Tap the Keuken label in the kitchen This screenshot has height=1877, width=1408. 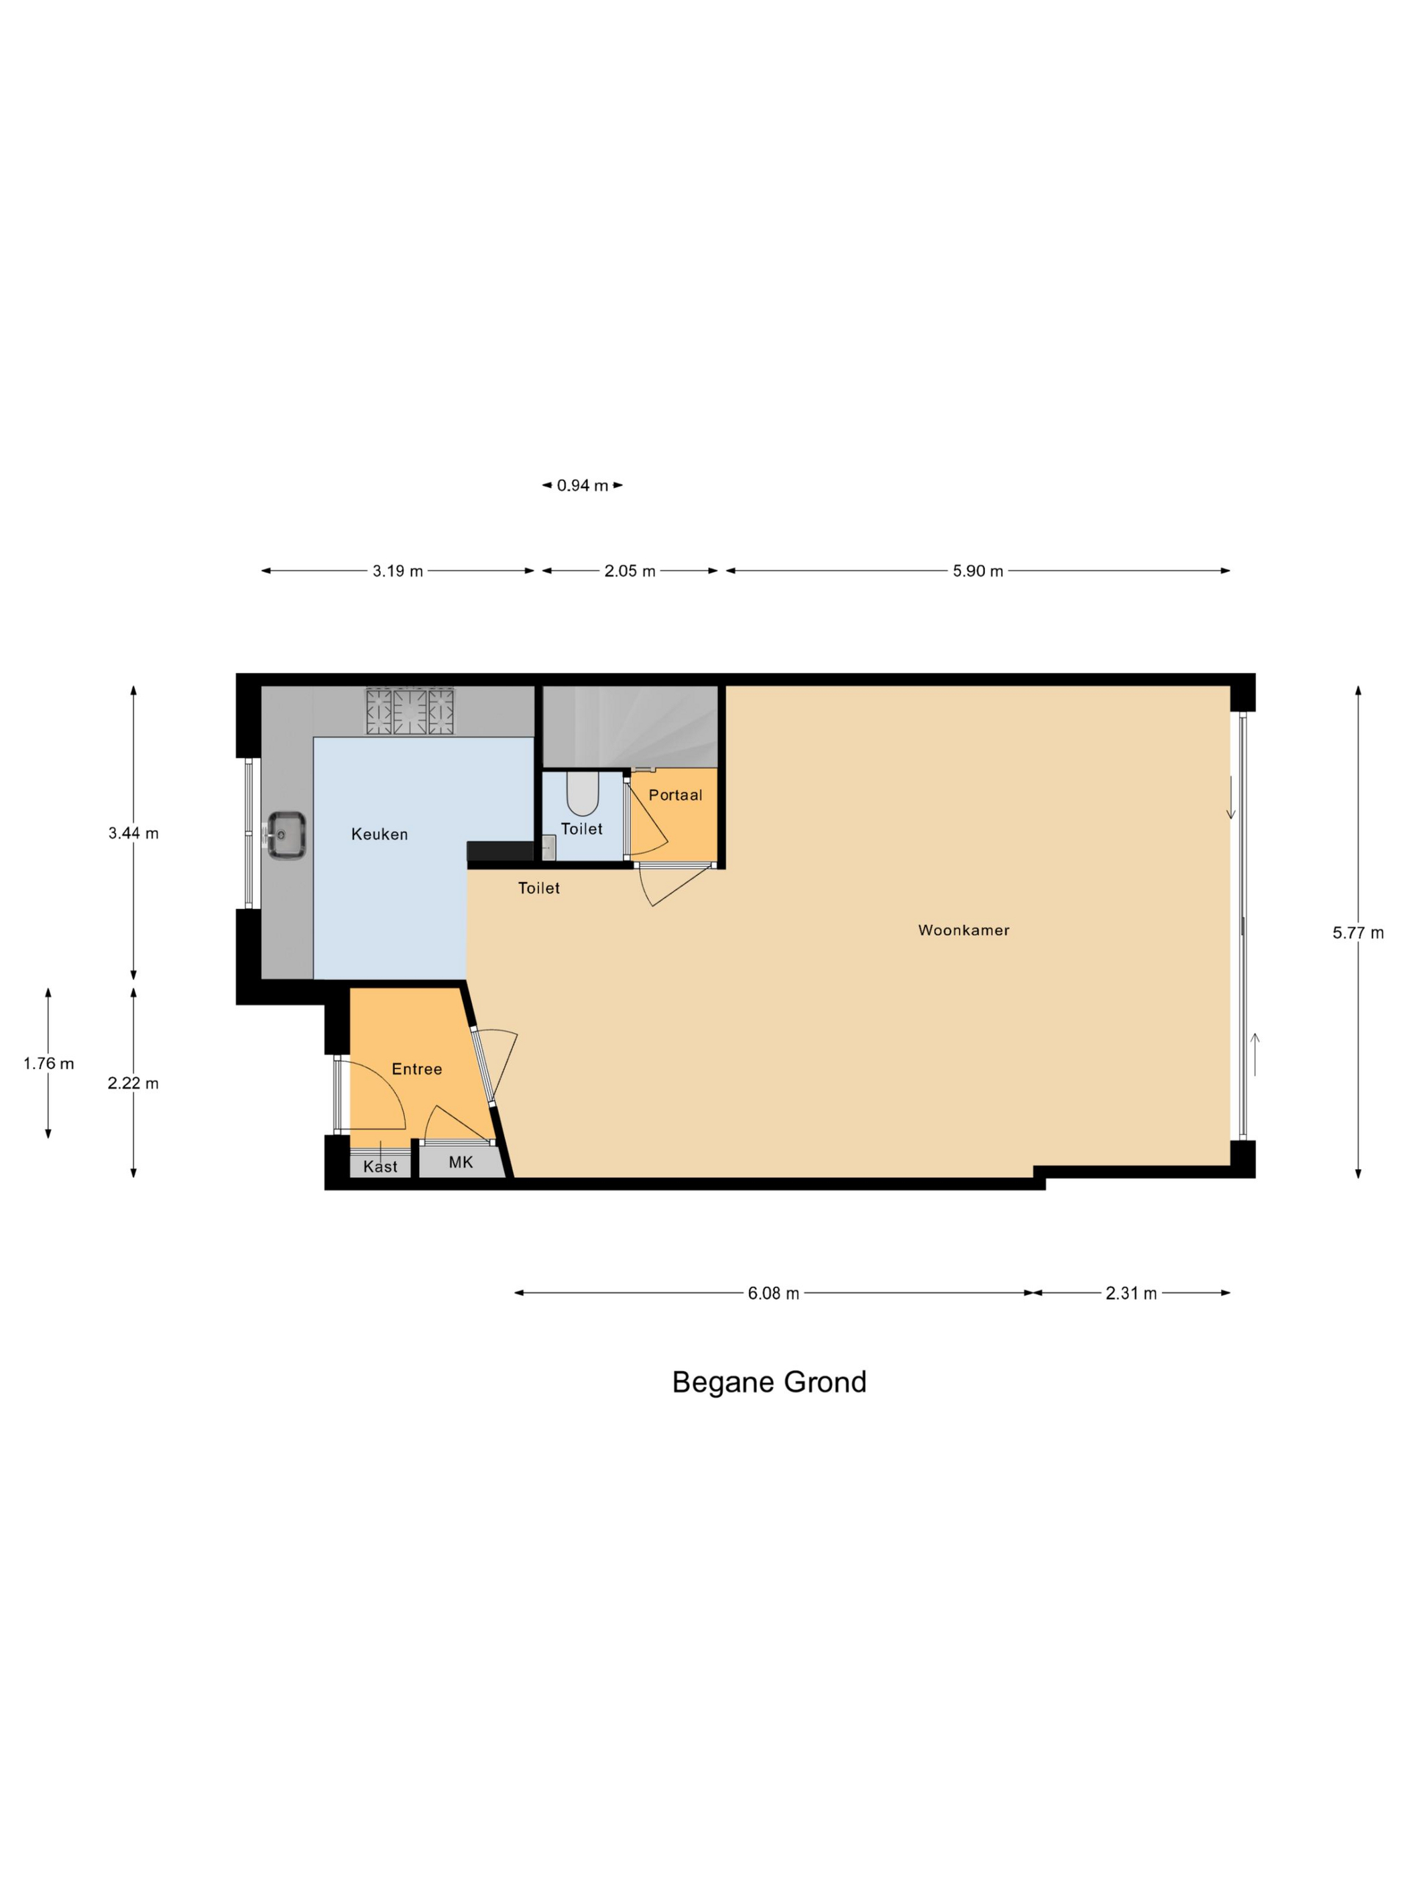pos(379,834)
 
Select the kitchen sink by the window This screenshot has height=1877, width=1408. pos(286,836)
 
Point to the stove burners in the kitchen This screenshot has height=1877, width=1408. pos(410,711)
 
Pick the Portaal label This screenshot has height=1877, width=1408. pos(676,795)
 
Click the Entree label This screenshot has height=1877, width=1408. pos(417,1069)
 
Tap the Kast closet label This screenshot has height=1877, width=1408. pos(380,1167)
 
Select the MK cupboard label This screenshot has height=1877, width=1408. pos(461,1162)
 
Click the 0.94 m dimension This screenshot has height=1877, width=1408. pos(583,485)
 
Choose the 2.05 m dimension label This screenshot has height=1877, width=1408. pos(630,571)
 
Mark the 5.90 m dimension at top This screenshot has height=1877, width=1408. pos(978,571)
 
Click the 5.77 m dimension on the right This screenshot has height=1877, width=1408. pos(1358,932)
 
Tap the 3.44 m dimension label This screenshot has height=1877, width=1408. pos(133,833)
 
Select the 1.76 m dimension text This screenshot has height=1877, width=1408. pos(48,1063)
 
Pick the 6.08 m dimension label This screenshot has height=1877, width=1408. pos(773,1293)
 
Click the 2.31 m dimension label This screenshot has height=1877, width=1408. pos(1131,1293)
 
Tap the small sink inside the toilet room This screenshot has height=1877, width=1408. pos(549,848)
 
